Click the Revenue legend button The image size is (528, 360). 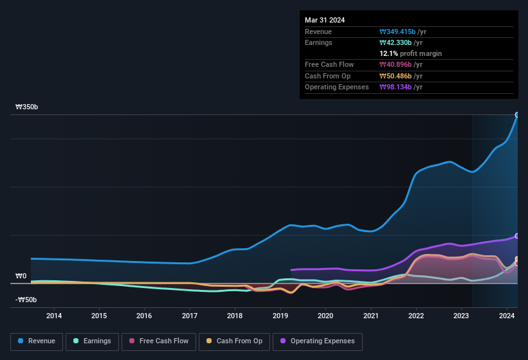pyautogui.click(x=37, y=341)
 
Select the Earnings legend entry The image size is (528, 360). pyautogui.click(x=93, y=341)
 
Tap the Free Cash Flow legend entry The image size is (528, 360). pyautogui.click(x=159, y=341)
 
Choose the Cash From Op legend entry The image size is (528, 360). pyautogui.click(x=234, y=341)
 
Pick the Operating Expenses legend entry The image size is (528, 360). pyautogui.click(x=317, y=341)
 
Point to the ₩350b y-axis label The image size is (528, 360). pyautogui.click(x=27, y=107)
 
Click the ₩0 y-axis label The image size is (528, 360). pyautogui.click(x=21, y=276)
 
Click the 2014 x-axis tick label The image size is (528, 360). pyautogui.click(x=54, y=316)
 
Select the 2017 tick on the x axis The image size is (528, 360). pyautogui.click(x=190, y=316)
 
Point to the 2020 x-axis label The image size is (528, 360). pyautogui.click(x=325, y=316)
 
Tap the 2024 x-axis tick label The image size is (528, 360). pyautogui.click(x=507, y=316)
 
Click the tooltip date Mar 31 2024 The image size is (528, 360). pyautogui.click(x=325, y=20)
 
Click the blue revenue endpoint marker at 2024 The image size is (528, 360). pyautogui.click(x=517, y=115)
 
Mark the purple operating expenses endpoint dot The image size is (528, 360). pyautogui.click(x=517, y=236)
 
